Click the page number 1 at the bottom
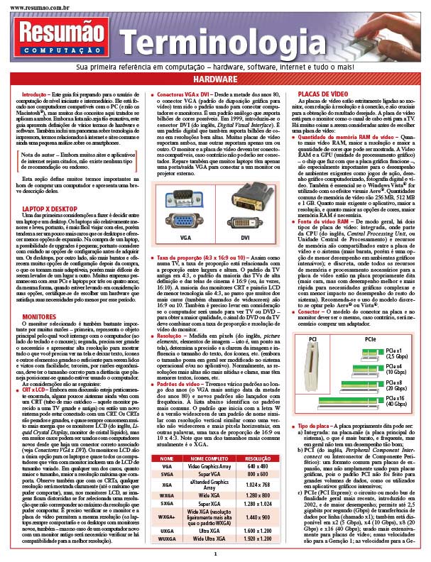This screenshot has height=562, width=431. click(215, 553)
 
